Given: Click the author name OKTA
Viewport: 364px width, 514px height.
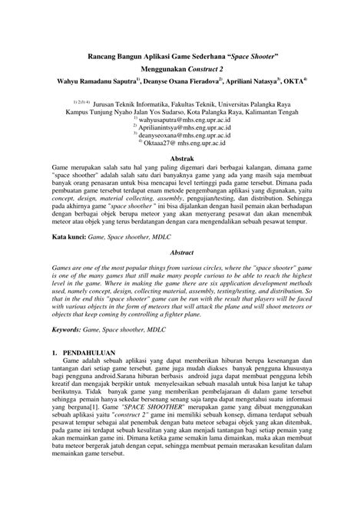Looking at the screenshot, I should [x=294, y=80].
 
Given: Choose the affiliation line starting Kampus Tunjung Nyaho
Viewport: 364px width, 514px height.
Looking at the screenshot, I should [x=181, y=110].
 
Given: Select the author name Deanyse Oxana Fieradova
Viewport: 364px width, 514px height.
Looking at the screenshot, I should [x=180, y=80].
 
